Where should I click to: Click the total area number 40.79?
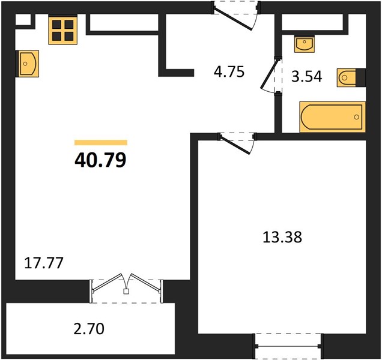click(100, 160)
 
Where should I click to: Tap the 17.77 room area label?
click(44, 263)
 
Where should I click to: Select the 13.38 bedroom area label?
click(282, 237)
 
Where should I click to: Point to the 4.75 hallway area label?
click(229, 72)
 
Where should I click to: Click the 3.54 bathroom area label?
click(307, 76)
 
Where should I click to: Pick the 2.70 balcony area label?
click(89, 328)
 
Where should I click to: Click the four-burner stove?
click(63, 30)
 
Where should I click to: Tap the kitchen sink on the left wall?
click(27, 64)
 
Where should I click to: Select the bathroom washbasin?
click(305, 44)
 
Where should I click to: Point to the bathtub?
click(333, 117)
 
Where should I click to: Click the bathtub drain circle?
click(356, 117)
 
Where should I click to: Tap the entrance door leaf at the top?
click(233, 19)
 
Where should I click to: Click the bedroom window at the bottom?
click(288, 346)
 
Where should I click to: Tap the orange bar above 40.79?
click(101, 142)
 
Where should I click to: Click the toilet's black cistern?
click(361, 77)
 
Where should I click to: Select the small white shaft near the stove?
click(23, 19)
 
